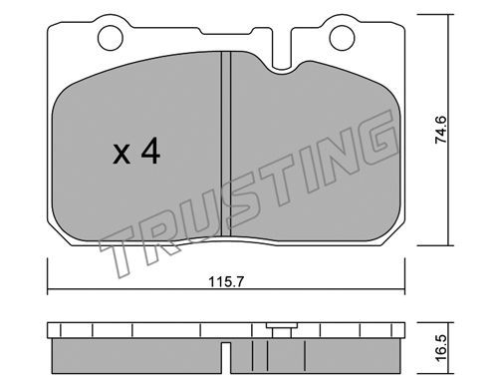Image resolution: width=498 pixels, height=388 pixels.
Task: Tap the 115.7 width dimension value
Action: click(226, 282)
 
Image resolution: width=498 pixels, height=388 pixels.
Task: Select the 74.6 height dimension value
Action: click(441, 131)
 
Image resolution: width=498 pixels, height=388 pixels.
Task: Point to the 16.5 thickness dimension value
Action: click(441, 348)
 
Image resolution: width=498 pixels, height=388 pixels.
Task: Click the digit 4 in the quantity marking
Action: click(150, 152)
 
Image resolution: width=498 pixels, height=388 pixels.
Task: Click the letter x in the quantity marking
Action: click(122, 155)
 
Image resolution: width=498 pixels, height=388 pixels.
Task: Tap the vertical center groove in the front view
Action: click(226, 145)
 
